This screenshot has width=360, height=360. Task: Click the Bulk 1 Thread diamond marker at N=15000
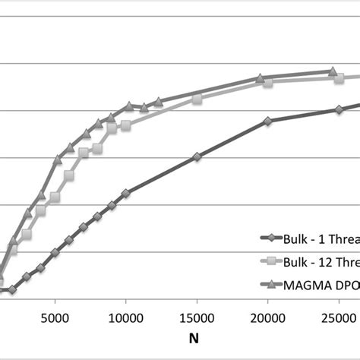(x=197, y=156)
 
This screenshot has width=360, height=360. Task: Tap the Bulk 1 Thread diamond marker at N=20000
(x=267, y=121)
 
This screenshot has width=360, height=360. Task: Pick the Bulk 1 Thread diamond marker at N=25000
(x=339, y=110)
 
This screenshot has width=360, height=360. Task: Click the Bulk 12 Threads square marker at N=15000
(x=197, y=99)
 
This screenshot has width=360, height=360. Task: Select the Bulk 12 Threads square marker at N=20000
(x=268, y=82)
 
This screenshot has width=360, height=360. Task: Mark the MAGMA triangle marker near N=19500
(x=260, y=77)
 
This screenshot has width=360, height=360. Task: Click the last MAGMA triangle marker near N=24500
(x=332, y=71)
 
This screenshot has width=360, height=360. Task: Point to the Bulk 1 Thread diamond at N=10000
(x=126, y=194)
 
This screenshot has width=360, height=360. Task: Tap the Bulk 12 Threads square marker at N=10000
(x=125, y=125)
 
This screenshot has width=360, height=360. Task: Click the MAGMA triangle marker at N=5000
(x=58, y=159)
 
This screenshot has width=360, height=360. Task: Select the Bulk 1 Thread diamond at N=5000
(x=55, y=252)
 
